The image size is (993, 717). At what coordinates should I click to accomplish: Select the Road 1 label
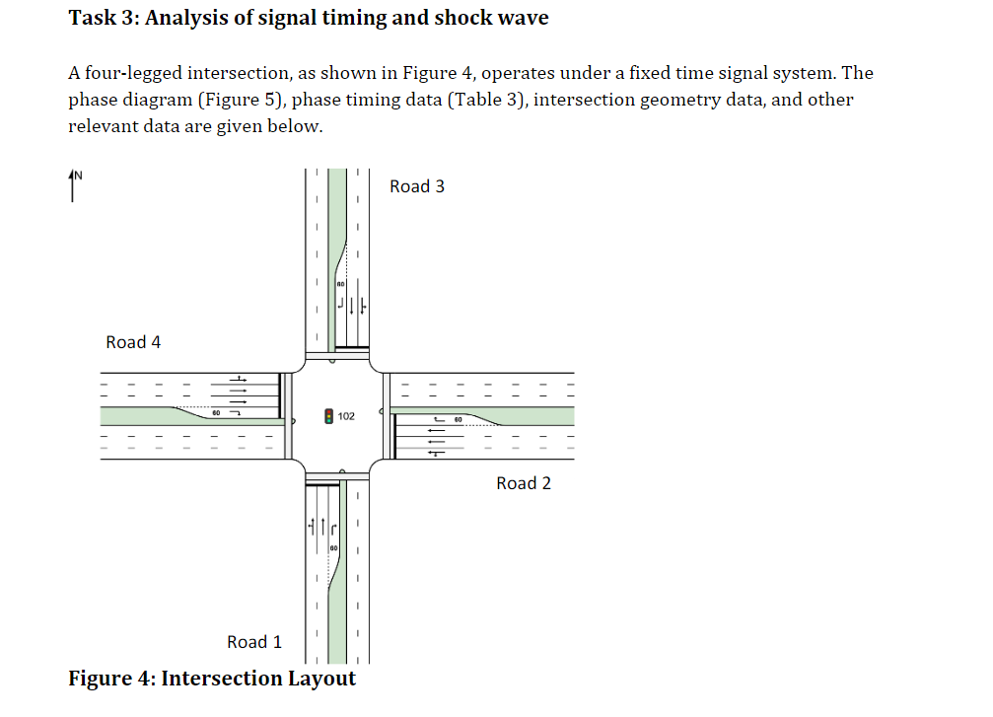tap(254, 642)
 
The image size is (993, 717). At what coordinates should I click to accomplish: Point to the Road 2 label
tap(524, 483)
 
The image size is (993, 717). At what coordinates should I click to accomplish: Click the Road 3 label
tap(417, 186)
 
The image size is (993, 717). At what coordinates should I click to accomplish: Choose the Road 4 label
tap(133, 342)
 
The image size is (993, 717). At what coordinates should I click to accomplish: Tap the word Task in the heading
tap(93, 18)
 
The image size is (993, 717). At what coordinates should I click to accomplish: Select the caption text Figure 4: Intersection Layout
tap(212, 679)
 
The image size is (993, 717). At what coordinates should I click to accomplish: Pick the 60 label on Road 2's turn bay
tap(459, 420)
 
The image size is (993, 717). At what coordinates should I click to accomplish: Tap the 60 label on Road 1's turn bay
tap(334, 546)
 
